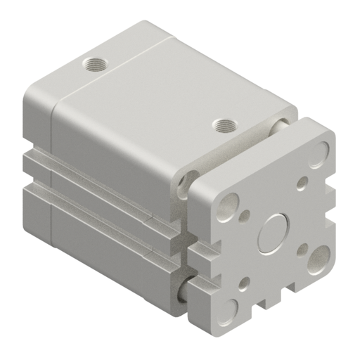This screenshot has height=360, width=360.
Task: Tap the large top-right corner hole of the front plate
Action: click(x=323, y=150)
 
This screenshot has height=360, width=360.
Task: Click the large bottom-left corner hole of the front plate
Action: click(x=230, y=307)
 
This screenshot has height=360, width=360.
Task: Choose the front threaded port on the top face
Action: click(x=224, y=127)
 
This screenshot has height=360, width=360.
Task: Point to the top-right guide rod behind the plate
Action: click(x=281, y=126)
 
